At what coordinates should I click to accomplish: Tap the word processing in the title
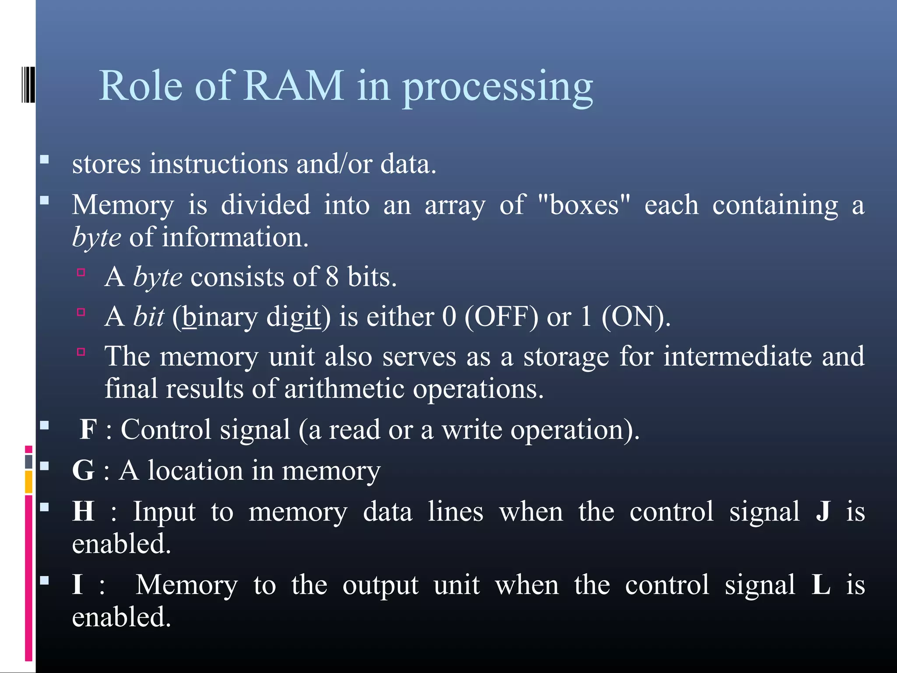(497, 88)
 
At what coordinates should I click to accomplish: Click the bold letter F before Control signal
(88, 429)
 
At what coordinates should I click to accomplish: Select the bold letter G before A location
(83, 471)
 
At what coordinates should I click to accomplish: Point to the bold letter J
(823, 511)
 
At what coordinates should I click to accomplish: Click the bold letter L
(821, 584)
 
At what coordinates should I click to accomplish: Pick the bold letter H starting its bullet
(83, 511)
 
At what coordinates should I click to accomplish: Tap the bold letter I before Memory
(78, 584)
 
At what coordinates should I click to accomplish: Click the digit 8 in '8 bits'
(332, 277)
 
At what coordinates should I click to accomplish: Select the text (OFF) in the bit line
(501, 317)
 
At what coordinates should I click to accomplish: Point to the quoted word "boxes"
(584, 205)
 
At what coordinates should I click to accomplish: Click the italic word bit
(148, 317)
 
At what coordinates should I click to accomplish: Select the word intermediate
(738, 356)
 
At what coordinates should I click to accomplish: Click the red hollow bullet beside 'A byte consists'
(81, 273)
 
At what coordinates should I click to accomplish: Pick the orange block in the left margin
(28, 482)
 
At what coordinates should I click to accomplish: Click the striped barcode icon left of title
(28, 84)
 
